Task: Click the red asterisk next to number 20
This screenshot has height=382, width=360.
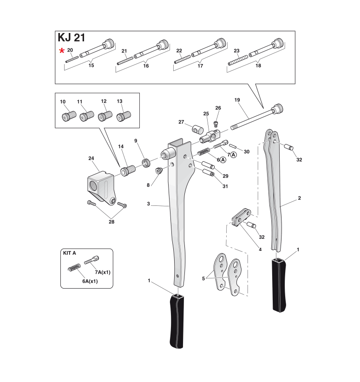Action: (61, 51)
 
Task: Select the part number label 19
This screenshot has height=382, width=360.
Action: (237, 100)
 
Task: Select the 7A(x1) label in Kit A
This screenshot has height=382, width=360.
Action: (102, 271)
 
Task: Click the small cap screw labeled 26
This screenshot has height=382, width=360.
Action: (216, 123)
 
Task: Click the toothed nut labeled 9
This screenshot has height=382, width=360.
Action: (145, 162)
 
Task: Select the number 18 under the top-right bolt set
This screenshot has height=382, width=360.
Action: (258, 66)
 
